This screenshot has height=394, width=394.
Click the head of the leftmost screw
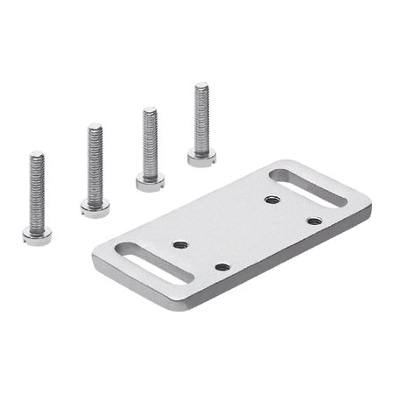pyautogui.click(x=37, y=235)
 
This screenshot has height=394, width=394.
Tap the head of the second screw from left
pyautogui.click(x=95, y=208)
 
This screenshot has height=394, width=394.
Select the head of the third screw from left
pyautogui.click(x=150, y=181)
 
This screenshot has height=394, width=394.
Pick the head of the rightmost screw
pyautogui.click(x=201, y=157)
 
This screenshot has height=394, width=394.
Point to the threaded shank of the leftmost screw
pyautogui.click(x=37, y=193)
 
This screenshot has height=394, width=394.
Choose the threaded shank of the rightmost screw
pyautogui.click(x=201, y=118)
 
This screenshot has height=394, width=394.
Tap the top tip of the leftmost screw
pyautogui.click(x=37, y=154)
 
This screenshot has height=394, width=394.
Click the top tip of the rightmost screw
pyautogui.click(x=201, y=85)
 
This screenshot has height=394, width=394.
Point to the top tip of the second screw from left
pyautogui.click(x=95, y=126)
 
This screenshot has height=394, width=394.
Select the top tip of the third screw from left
pyautogui.click(x=150, y=109)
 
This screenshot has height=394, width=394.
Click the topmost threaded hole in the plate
pyautogui.click(x=271, y=200)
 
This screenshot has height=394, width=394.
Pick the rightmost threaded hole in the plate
pyautogui.click(x=313, y=221)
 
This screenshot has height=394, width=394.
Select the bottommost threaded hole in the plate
pyautogui.click(x=222, y=266)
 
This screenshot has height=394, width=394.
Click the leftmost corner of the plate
pyautogui.click(x=95, y=259)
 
